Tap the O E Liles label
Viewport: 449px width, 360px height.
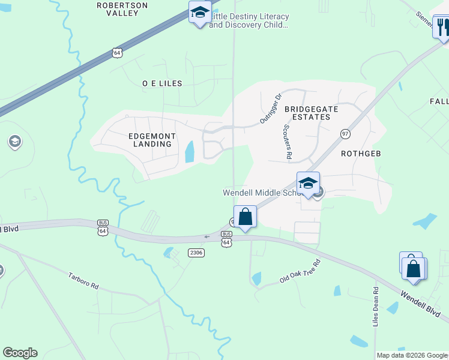(x=161, y=83)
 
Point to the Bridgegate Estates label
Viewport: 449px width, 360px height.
(x=311, y=113)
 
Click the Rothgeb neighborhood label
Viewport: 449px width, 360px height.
(x=361, y=154)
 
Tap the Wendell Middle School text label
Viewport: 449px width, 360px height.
(x=261, y=193)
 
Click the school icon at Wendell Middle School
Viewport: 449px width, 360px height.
(x=308, y=183)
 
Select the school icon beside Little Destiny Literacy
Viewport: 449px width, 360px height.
(x=199, y=12)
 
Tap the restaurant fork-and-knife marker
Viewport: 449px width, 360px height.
(x=442, y=27)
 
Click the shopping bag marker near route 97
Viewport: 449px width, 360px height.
(x=245, y=216)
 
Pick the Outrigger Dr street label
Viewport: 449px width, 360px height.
(x=271, y=109)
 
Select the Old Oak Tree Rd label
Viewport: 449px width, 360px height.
(x=301, y=272)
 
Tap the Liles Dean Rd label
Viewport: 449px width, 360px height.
(x=376, y=307)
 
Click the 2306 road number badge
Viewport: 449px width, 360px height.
(x=196, y=253)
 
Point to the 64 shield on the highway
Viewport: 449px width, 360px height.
(x=117, y=53)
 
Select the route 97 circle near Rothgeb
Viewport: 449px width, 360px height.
(x=345, y=133)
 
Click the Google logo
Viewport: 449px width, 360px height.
(x=20, y=353)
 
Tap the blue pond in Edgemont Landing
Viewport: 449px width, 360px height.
(x=190, y=152)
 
